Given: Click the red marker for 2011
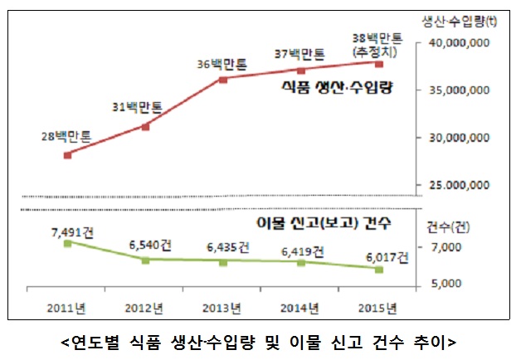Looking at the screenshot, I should point(67,155).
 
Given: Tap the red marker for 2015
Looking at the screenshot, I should point(379,64).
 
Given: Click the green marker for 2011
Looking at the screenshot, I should point(67,243).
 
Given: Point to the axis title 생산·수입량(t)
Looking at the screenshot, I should point(460,20).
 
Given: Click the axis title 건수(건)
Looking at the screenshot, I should point(448,226).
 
